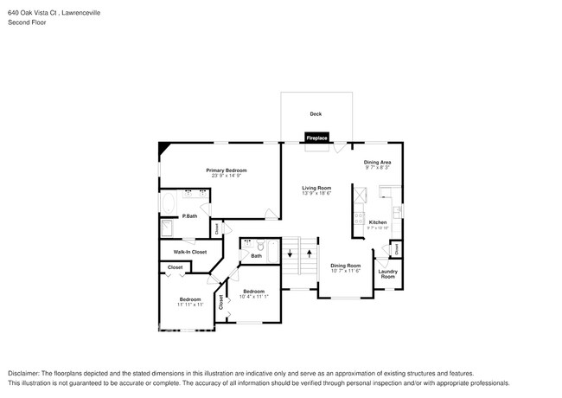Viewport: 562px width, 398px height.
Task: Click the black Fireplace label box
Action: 316,138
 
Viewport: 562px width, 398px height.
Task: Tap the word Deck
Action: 316,114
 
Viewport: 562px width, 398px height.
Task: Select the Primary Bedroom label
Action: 227,170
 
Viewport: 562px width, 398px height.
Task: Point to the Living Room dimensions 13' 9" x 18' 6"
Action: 316,194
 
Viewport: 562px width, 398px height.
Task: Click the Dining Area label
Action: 377,162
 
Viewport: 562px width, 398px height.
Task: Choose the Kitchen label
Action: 378,222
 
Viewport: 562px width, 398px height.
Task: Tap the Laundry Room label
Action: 387,273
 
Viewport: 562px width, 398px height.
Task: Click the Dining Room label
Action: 345,266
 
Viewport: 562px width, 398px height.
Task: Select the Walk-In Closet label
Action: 190,252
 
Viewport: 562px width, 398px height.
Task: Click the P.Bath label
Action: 189,215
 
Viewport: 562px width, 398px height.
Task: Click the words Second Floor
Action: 27,22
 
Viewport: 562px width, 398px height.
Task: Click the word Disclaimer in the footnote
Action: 26,372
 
